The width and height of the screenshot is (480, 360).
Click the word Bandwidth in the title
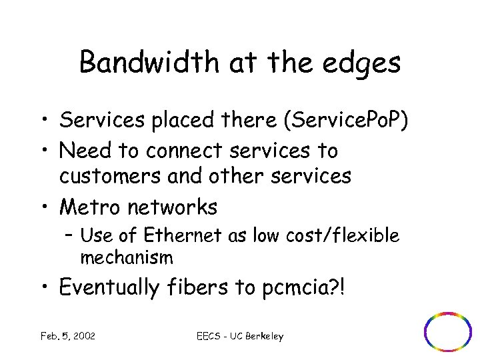click(148, 63)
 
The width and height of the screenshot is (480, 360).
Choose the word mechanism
click(126, 257)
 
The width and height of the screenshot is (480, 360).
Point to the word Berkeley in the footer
click(263, 337)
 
